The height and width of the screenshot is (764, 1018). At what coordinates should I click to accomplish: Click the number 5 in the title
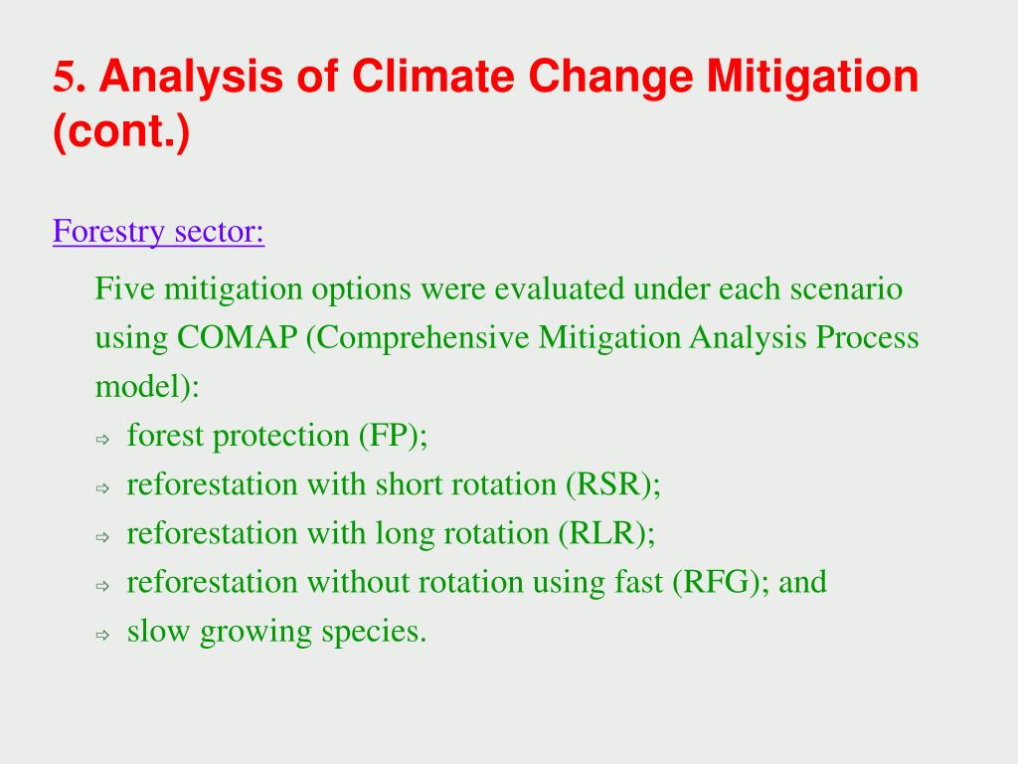[x=65, y=76]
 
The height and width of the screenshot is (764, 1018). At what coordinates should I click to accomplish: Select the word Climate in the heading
[x=433, y=76]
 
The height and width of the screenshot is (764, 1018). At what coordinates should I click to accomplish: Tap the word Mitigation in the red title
[x=812, y=79]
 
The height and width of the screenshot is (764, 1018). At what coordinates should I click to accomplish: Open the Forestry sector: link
[x=158, y=231]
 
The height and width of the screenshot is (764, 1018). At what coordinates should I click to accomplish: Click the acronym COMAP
[x=237, y=337]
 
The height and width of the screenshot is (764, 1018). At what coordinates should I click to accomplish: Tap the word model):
[x=147, y=387]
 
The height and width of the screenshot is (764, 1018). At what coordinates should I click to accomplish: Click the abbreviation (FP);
[x=394, y=436]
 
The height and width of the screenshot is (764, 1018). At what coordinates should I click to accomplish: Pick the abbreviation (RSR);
[x=612, y=484]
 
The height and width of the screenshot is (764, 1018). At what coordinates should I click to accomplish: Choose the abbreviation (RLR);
[x=607, y=533]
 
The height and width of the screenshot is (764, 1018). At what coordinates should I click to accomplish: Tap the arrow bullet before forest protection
[x=102, y=440]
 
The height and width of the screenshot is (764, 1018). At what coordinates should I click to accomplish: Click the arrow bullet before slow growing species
[x=102, y=636]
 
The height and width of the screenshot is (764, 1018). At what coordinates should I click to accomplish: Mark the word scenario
[x=846, y=289]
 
